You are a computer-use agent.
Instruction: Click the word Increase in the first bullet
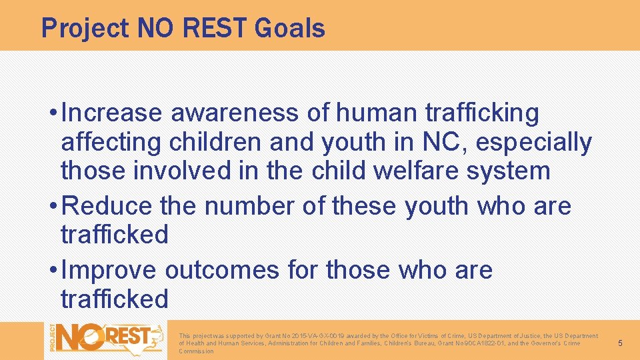coord(111,113)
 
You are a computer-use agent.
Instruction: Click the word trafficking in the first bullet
coord(481,113)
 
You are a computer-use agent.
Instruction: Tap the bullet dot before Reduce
coord(52,206)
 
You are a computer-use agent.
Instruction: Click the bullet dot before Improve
coord(52,270)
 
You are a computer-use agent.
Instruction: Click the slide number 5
coord(619,343)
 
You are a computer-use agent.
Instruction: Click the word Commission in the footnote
coord(196,351)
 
